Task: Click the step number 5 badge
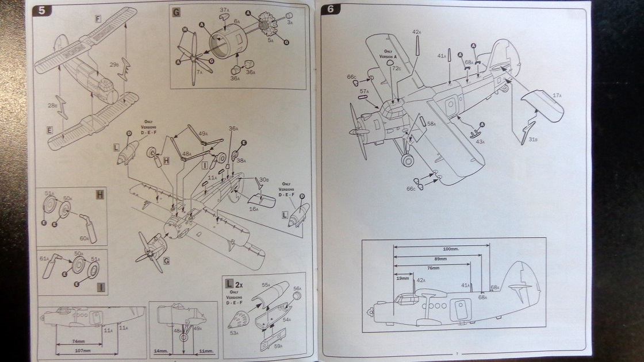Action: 41,10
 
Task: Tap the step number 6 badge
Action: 331,10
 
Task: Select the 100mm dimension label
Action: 451,249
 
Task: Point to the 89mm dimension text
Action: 442,259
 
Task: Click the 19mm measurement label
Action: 402,278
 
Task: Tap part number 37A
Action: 224,10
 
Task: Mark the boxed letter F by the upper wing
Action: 98,19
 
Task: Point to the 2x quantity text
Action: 239,283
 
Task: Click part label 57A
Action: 364,91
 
